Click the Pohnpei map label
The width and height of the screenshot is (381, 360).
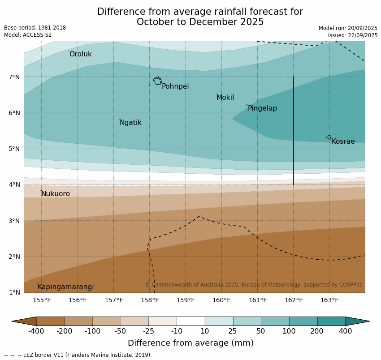(x=175, y=86)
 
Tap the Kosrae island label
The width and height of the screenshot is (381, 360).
(x=343, y=141)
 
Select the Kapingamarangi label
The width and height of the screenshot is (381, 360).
(x=65, y=287)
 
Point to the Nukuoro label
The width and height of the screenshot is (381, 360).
(x=56, y=194)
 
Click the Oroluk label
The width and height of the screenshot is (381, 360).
(x=80, y=54)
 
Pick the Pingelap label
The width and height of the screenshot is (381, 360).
(x=262, y=108)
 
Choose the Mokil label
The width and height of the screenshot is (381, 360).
(x=225, y=98)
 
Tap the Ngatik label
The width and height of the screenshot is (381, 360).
(x=130, y=123)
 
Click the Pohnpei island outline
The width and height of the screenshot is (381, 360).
(x=157, y=81)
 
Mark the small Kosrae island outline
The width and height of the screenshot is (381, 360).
(x=329, y=137)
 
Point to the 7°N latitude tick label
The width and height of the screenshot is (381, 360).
(x=14, y=77)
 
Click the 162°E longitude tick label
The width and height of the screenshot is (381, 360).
(x=294, y=300)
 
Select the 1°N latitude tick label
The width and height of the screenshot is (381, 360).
(x=14, y=292)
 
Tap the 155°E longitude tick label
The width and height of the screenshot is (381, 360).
(x=42, y=300)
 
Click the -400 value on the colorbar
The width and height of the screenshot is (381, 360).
(x=36, y=331)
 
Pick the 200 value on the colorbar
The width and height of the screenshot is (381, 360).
(x=317, y=331)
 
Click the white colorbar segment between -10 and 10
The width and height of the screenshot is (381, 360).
(x=190, y=321)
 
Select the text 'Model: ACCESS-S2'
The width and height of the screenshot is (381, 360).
(x=28, y=35)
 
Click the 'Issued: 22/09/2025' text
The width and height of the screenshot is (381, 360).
(x=352, y=35)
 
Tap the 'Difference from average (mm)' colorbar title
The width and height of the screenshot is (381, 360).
(x=190, y=343)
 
